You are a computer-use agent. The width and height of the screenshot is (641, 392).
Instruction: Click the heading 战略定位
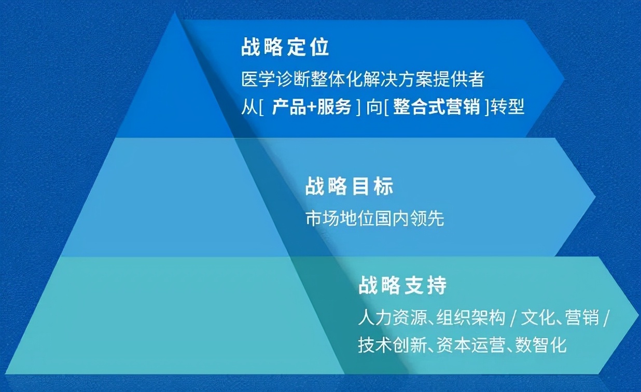(x=285, y=48)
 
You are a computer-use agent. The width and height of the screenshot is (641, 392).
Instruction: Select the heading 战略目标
(x=349, y=187)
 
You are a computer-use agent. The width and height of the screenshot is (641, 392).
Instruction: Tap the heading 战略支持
(x=402, y=286)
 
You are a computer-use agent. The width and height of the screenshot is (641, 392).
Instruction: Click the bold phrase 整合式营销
(x=437, y=107)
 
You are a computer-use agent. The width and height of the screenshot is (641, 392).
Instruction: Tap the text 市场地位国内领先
(x=374, y=219)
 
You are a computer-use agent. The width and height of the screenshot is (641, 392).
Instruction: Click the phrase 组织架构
(x=471, y=318)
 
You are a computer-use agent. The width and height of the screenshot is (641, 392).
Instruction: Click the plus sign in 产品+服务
(x=310, y=108)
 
